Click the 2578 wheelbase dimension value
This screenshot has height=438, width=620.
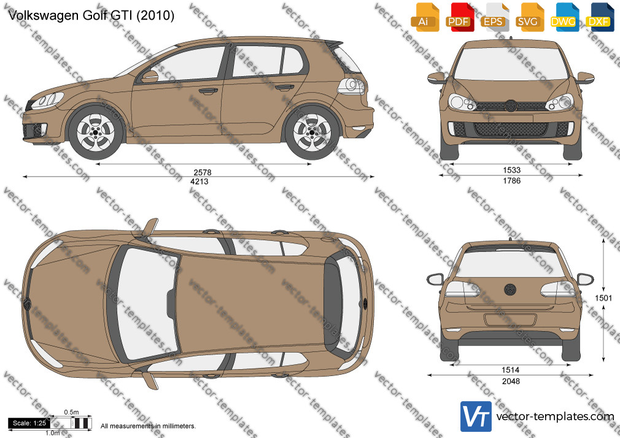(203, 172)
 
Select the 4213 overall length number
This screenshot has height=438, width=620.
(200, 182)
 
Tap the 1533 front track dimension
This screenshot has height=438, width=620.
(512, 170)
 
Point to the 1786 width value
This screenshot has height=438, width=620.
(512, 180)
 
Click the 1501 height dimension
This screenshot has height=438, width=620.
(603, 298)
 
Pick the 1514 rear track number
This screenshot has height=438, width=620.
(511, 370)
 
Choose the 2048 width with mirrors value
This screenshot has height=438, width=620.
(511, 381)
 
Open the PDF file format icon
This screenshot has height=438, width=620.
(459, 17)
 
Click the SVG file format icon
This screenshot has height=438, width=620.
(530, 17)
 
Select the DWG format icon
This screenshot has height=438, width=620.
(565, 17)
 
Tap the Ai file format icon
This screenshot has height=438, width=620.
(425, 17)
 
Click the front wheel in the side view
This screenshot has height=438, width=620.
(96, 132)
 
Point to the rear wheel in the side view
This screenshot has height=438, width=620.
(312, 132)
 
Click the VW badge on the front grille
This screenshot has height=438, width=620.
(511, 106)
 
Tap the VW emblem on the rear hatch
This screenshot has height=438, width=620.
(510, 290)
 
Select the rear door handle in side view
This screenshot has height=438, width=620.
(285, 87)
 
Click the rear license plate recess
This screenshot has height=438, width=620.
(510, 320)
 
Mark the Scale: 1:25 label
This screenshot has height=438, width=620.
(29, 423)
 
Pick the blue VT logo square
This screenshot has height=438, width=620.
(476, 417)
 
